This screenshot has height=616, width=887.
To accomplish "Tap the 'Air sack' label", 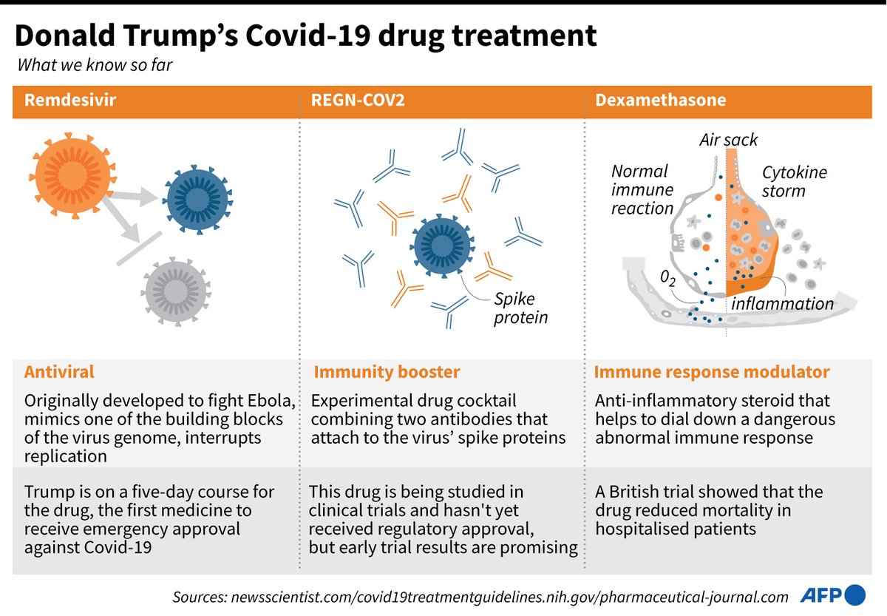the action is tap(729, 140).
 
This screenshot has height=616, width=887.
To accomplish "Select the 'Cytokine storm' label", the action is tap(794, 182).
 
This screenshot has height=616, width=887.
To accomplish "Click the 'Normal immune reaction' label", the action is tap(642, 189).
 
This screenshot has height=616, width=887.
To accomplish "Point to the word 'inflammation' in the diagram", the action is tap(782, 303).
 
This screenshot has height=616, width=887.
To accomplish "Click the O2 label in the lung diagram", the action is tap(667, 279).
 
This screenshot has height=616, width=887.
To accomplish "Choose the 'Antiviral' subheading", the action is tap(59, 372).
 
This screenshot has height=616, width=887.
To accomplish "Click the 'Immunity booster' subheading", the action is tap(387, 372).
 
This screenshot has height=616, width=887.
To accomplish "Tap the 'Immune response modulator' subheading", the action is tap(712, 372).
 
